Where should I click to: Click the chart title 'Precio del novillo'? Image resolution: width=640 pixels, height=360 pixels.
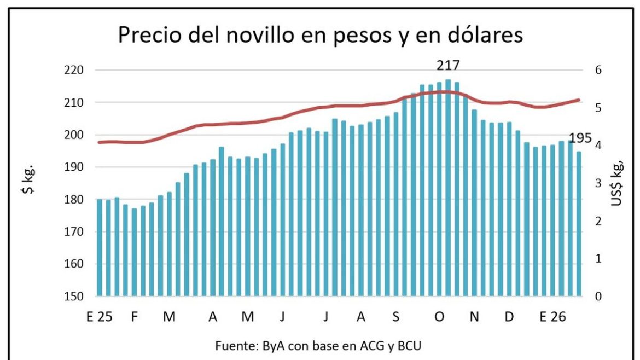point(321,36)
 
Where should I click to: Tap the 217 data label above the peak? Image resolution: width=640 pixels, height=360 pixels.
point(448,66)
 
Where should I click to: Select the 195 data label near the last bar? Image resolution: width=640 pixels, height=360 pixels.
point(580,138)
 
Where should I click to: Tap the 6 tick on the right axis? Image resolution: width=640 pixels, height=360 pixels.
point(598,71)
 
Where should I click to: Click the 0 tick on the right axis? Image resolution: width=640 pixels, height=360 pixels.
point(598,297)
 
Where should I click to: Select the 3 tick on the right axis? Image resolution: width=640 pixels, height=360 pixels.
point(598,184)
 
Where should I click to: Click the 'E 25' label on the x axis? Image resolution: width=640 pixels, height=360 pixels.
point(99,317)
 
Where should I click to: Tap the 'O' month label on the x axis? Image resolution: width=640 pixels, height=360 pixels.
point(439,317)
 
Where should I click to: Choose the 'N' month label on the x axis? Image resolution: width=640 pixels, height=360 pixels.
point(474,317)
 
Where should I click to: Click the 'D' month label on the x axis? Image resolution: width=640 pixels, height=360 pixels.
point(509,317)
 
